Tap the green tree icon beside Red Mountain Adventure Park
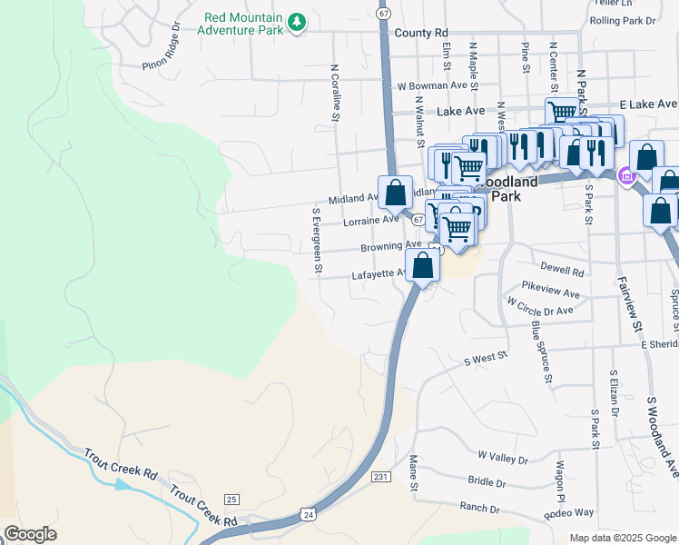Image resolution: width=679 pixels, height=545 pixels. click(x=296, y=22)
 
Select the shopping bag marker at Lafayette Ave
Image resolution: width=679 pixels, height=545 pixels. click(x=423, y=266)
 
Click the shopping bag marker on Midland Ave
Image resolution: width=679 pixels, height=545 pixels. click(x=395, y=193)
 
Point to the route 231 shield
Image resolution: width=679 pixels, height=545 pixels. click(x=380, y=477)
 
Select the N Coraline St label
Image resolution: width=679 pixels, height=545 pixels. click(x=334, y=93)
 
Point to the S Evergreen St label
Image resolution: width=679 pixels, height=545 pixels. click(x=317, y=240)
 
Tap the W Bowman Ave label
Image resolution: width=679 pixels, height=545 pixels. click(x=438, y=86)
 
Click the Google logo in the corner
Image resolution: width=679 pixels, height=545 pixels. click(x=30, y=534)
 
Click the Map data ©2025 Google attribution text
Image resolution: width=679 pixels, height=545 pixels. click(x=623, y=538)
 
